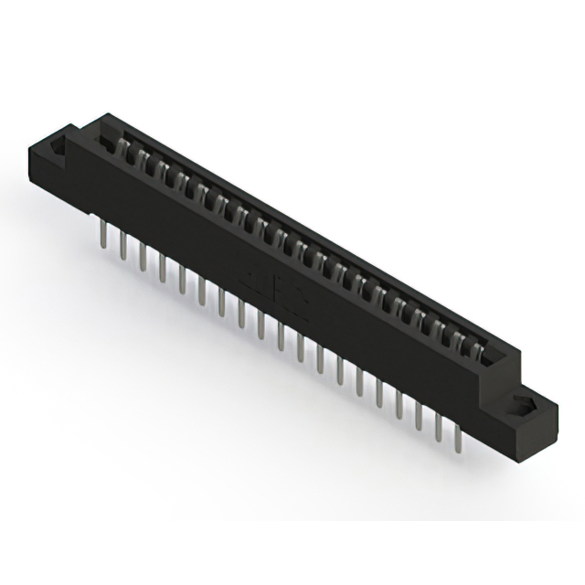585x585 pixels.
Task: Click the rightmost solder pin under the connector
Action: tap(459, 438)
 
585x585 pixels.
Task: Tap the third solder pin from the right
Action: tap(420, 416)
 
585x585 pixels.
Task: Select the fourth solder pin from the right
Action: tap(399, 405)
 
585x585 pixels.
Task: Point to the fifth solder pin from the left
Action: tap(183, 278)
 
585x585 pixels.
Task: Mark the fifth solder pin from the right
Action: tap(379, 394)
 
